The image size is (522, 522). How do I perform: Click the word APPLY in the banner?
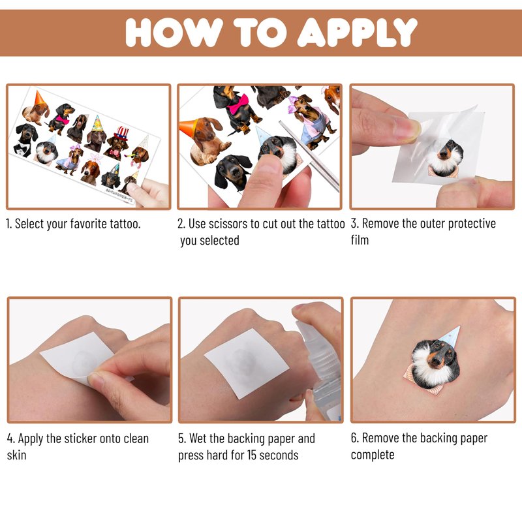(x=357, y=32)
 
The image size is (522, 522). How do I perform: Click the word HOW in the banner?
(x=174, y=32)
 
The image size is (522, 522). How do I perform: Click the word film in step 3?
(x=360, y=239)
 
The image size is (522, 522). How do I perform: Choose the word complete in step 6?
(x=373, y=455)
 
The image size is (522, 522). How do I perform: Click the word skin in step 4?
(x=16, y=455)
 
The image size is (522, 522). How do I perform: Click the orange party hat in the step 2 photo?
(x=189, y=127)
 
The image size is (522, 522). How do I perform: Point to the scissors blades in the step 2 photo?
(x=308, y=155)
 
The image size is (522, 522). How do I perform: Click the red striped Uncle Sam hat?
(x=121, y=132)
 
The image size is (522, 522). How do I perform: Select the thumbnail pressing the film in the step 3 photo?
(x=406, y=130)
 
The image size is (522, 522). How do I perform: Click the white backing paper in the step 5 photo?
(x=247, y=362)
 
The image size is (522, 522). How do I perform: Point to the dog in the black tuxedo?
(x=25, y=139)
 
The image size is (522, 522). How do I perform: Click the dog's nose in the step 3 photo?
(x=444, y=154)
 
